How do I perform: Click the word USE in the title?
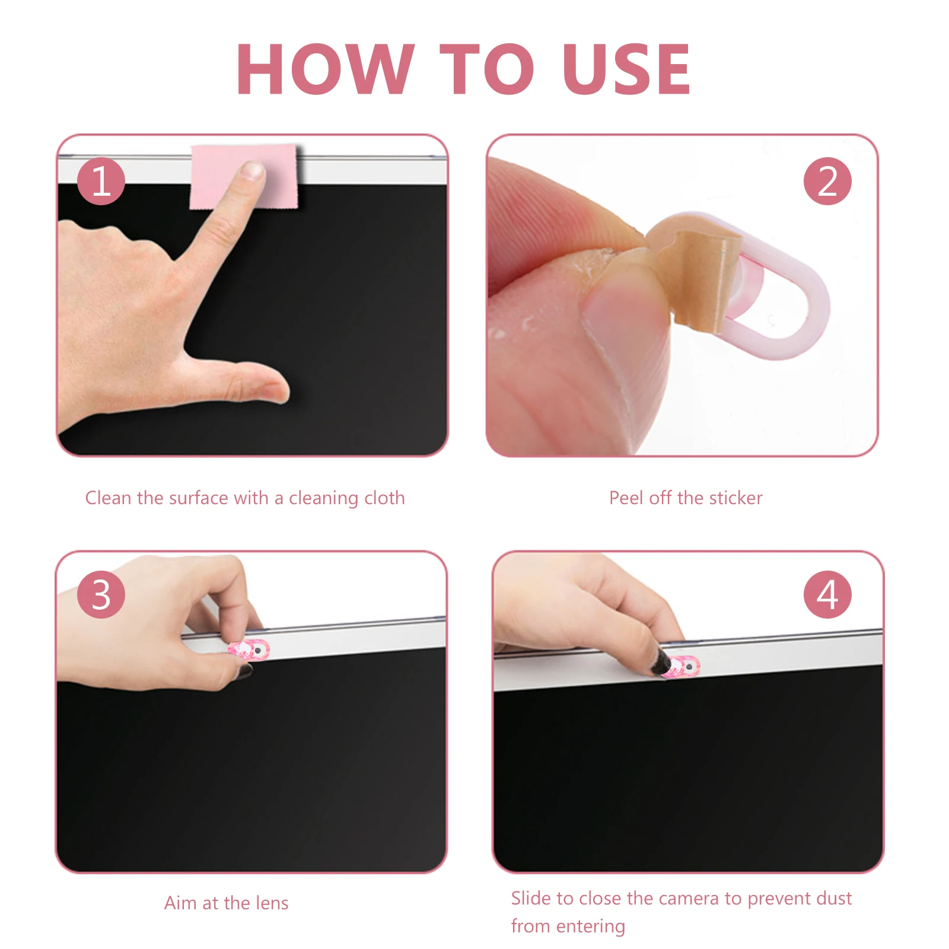[626, 69]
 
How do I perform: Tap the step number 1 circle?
[101, 181]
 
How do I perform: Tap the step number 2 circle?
[827, 181]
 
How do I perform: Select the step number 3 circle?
[101, 595]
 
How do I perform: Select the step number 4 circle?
[827, 595]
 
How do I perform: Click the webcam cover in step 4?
[682, 666]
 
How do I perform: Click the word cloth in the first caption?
[384, 498]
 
